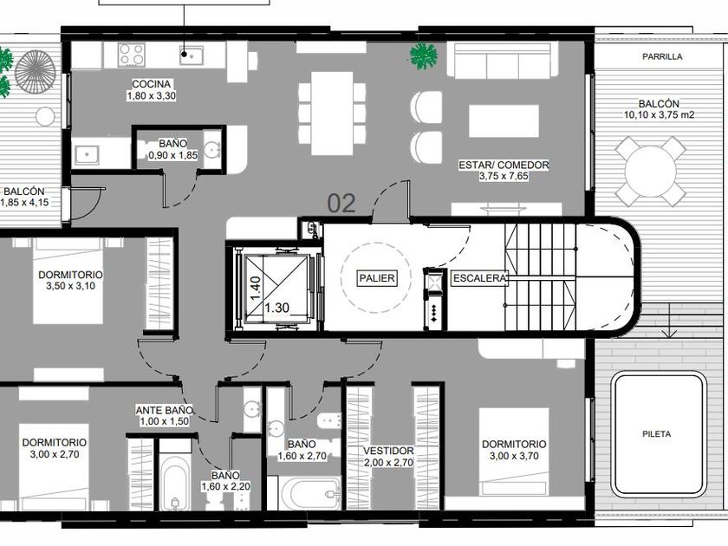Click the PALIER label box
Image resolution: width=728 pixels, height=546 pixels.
pos(378,278)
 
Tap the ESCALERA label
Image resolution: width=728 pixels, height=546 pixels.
pos(479,278)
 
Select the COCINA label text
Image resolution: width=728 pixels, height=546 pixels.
pos(152,84)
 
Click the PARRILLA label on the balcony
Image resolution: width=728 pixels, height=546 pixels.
pos(662,56)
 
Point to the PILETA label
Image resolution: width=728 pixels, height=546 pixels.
pos(657,434)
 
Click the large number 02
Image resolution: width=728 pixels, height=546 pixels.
pos(341,204)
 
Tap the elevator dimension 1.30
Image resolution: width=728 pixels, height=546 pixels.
pos(277,308)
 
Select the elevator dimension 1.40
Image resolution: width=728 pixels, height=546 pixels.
pos(256,289)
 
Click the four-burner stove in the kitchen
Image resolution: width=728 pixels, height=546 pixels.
pos(132,55)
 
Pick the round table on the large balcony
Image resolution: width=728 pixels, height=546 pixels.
pos(651,171)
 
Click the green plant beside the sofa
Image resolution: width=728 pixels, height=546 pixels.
pos(424,56)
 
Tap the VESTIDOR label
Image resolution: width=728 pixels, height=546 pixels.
pos(388,451)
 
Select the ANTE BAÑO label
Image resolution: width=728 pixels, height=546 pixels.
pos(165,411)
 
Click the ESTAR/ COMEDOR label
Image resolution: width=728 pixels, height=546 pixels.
pos(504,165)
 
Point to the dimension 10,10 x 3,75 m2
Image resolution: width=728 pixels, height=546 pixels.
pos(659,114)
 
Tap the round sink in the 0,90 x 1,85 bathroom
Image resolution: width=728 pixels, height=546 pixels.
pos(212,149)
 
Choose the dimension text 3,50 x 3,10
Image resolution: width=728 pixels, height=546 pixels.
pos(70,286)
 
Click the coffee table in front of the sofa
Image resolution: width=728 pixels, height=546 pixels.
pos(504,121)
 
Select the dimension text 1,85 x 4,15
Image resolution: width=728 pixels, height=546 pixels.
pos(24,203)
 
